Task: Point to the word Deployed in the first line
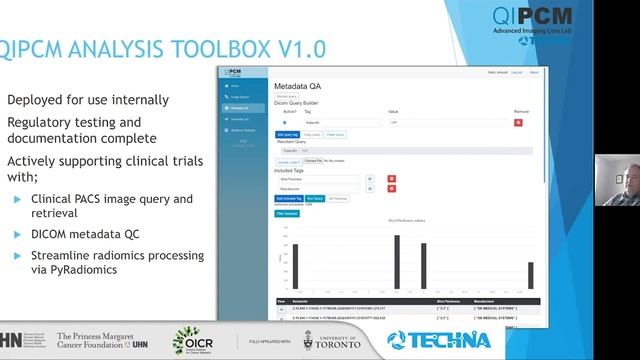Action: [37, 100]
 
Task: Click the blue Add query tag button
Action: [287, 133]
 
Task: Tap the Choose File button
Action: [311, 160]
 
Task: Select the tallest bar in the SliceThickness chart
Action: [397, 261]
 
